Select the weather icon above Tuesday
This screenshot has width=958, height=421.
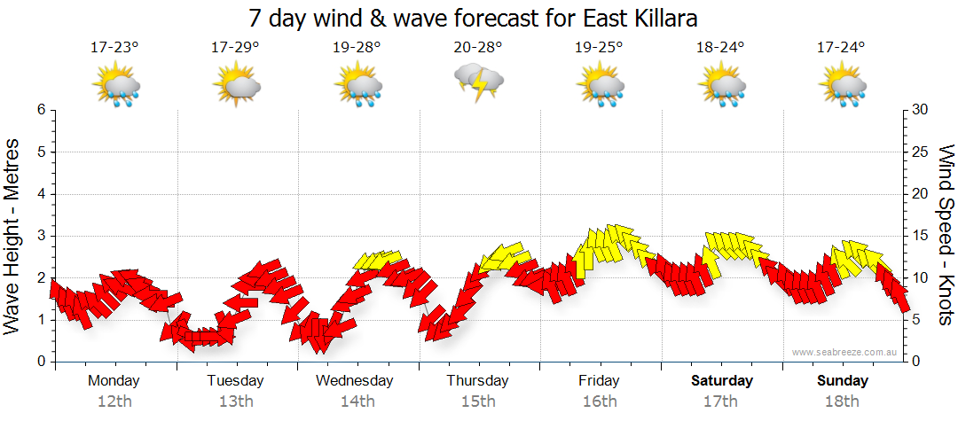click(236, 86)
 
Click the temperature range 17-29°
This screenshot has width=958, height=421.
click(235, 48)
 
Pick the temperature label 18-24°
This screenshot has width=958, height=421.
click(720, 48)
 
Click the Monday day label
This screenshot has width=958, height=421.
click(114, 381)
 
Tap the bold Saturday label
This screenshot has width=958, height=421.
click(722, 381)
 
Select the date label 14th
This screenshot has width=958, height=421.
click(357, 401)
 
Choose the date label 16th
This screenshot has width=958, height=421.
click(600, 401)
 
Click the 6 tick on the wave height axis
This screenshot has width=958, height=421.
click(41, 110)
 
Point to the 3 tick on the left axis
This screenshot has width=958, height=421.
click(41, 236)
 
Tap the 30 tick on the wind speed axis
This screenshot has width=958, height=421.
click(921, 110)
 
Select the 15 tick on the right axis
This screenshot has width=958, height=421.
click(921, 236)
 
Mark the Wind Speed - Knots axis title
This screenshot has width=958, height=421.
click(946, 236)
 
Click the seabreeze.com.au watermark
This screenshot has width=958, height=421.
click(846, 353)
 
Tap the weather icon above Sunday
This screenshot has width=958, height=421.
click(843, 86)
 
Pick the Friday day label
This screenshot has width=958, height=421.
click(600, 381)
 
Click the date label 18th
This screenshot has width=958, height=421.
click(843, 401)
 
